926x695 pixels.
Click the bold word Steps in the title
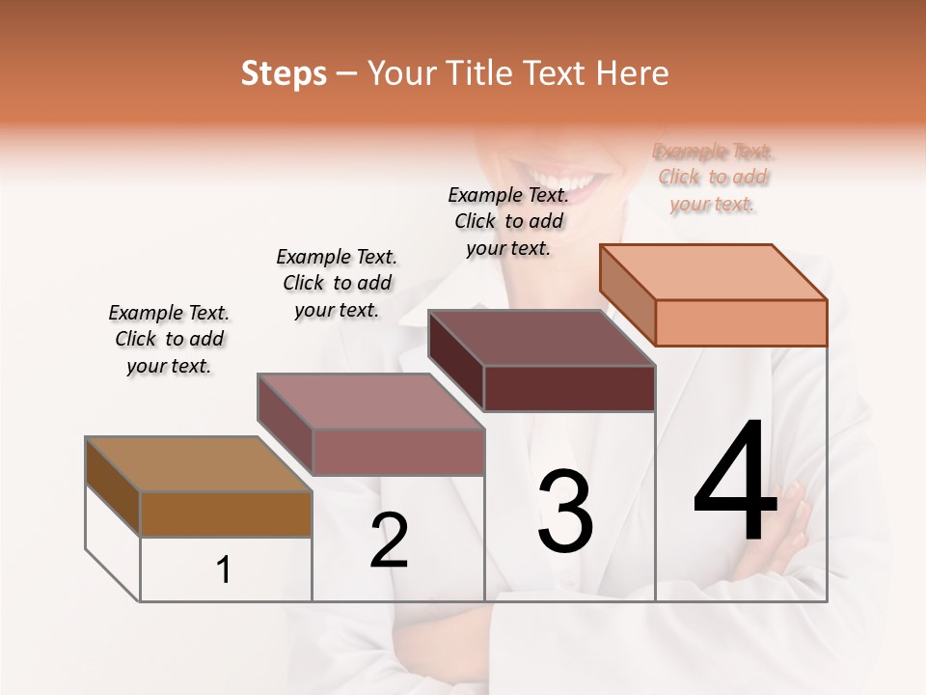click(284, 73)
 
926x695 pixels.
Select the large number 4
click(735, 484)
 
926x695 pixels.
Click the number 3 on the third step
click(565, 512)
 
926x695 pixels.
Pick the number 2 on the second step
click(390, 541)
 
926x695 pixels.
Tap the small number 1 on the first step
click(224, 570)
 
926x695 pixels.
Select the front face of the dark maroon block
click(569, 388)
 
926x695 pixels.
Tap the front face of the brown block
click(226, 514)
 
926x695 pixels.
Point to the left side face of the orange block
click(627, 295)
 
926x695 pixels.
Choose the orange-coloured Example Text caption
click(713, 178)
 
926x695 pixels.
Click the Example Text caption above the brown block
click(169, 339)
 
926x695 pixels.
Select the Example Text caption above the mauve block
click(337, 283)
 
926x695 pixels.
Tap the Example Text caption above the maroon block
click(508, 221)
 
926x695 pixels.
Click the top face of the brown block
click(198, 464)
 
